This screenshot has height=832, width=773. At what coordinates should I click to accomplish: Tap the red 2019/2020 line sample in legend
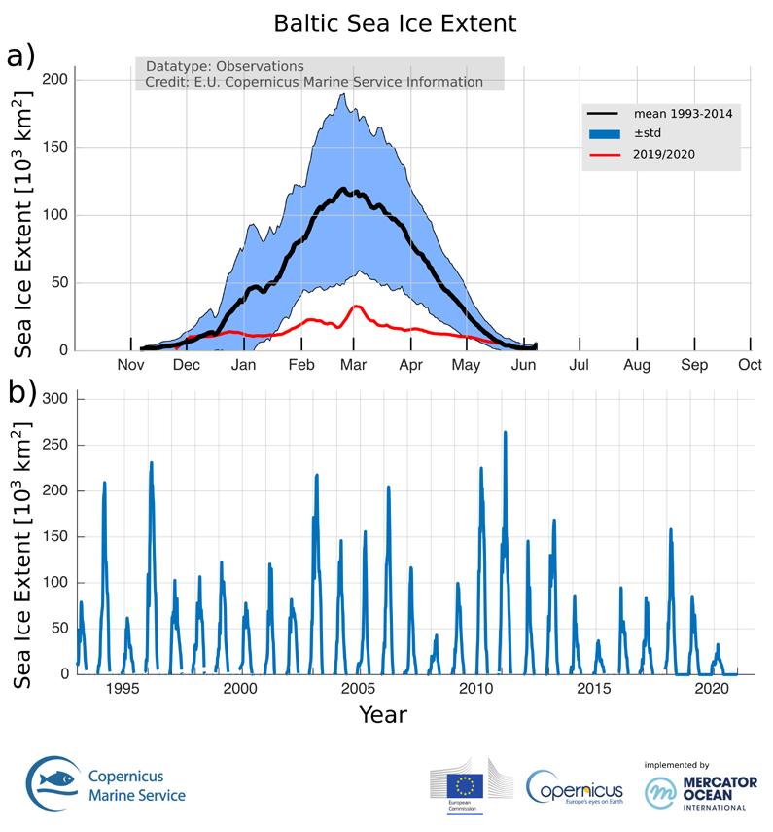click(x=604, y=153)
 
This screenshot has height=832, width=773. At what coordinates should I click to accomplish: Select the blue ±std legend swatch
click(x=604, y=133)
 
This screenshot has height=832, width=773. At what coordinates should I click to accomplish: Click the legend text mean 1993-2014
click(x=682, y=114)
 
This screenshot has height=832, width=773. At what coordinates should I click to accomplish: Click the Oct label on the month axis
click(x=749, y=366)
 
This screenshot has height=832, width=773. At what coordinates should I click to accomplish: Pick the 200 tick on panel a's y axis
click(x=57, y=80)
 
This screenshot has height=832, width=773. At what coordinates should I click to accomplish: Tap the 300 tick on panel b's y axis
click(x=57, y=399)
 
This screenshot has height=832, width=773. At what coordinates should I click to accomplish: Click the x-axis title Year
click(x=382, y=715)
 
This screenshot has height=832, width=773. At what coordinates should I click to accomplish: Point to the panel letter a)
click(x=20, y=54)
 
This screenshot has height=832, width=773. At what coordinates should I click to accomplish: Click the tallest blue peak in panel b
click(x=505, y=432)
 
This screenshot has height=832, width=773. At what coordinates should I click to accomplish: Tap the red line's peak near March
click(x=356, y=307)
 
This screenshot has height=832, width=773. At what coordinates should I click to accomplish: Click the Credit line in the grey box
click(x=313, y=82)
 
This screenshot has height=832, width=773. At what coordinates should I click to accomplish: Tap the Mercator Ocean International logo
click(x=695, y=786)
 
